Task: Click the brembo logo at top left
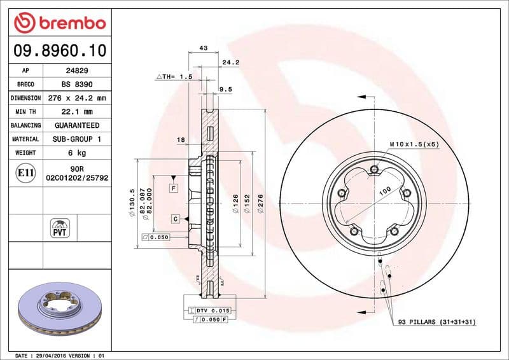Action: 59,24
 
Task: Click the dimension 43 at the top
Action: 204,48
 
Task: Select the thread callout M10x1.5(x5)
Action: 414,145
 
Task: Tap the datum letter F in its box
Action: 173,188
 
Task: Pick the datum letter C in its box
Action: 174,219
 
